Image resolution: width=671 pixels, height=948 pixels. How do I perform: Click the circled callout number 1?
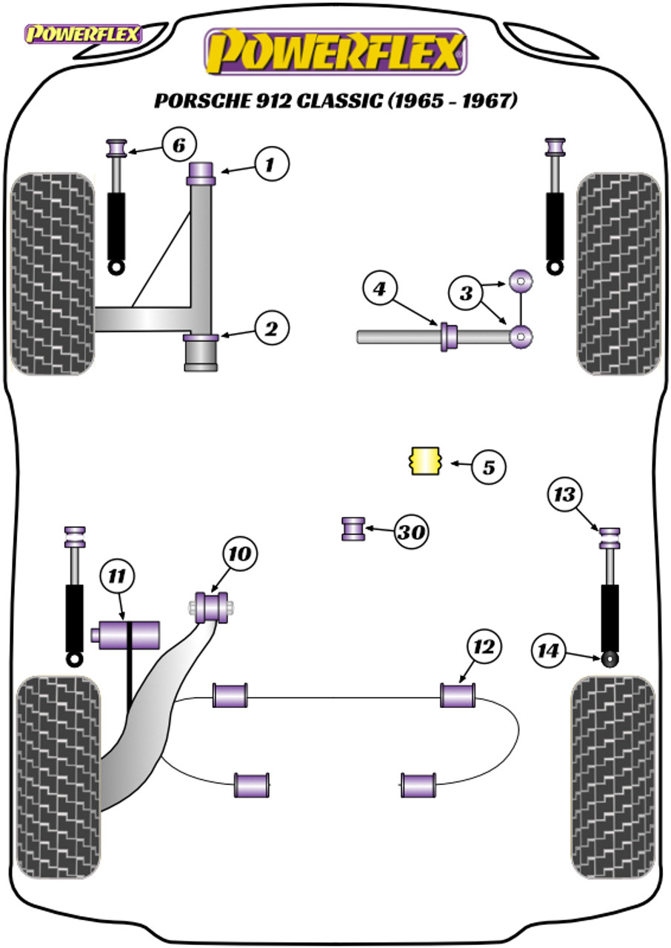(272, 164)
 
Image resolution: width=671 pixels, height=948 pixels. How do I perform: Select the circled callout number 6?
(179, 145)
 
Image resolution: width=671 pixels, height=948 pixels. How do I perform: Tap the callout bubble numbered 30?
(411, 532)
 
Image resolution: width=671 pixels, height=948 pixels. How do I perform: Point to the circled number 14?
(548, 650)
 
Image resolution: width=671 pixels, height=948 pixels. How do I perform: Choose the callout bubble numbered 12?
(484, 647)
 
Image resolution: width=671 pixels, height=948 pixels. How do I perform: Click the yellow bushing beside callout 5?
(426, 461)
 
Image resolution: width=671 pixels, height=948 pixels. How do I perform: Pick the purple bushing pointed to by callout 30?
(353, 529)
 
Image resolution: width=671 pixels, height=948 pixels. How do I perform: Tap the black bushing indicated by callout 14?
(610, 659)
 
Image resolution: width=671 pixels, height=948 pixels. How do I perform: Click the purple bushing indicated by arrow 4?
(449, 336)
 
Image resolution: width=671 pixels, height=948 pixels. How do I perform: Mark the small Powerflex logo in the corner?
(83, 34)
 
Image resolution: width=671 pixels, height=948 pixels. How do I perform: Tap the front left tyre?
(53, 274)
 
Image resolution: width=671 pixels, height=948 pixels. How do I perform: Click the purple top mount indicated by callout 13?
(610, 538)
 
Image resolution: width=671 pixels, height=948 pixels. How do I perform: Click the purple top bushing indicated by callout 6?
(116, 147)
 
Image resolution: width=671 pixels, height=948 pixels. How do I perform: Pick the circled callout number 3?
(467, 293)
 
